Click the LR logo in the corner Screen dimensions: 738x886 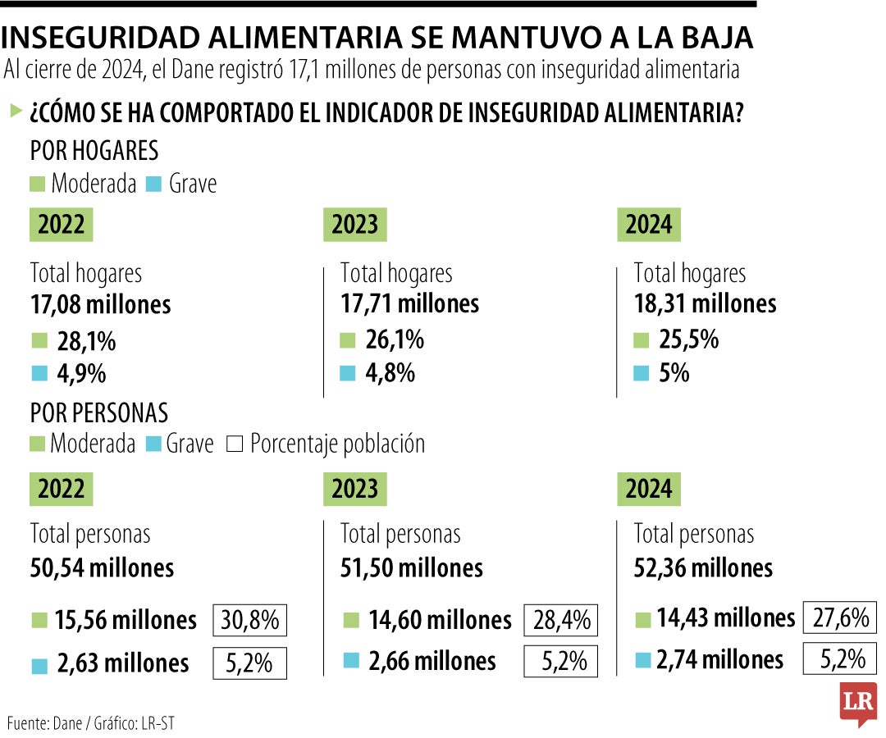tap(857, 703)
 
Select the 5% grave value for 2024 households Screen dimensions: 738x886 tap(674, 373)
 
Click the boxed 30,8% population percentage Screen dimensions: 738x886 tap(250, 621)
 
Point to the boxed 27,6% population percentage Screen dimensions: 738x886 tap(841, 617)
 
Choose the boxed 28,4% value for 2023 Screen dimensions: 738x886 tap(561, 621)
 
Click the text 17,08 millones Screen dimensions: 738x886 tap(100, 305)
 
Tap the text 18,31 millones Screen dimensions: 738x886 tap(705, 304)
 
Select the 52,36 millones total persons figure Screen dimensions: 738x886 tap(703, 567)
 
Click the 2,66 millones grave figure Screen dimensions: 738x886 tap(432, 661)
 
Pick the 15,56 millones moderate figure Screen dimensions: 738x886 tap(126, 621)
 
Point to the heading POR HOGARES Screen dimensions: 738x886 tap(94, 152)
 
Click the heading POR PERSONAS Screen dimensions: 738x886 tap(98, 412)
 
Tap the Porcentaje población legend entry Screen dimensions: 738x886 tap(336, 444)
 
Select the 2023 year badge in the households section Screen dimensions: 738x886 tap(354, 225)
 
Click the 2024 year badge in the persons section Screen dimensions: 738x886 tap(648, 490)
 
